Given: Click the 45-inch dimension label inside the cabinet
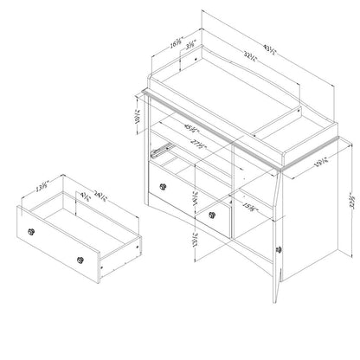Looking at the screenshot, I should click(183, 130).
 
